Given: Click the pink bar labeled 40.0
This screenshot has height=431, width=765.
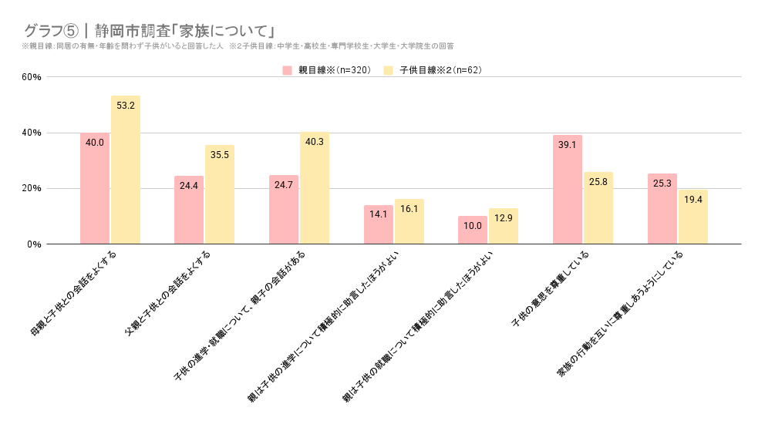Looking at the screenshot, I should [x=95, y=189].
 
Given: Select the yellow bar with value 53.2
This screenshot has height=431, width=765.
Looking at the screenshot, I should [x=126, y=170].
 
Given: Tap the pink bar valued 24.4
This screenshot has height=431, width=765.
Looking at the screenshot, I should [x=189, y=210].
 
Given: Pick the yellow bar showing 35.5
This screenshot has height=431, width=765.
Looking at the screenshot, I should [x=220, y=195].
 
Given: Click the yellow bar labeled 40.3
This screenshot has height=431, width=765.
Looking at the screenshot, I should [x=315, y=188].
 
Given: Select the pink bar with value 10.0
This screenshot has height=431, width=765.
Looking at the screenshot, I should [x=473, y=231].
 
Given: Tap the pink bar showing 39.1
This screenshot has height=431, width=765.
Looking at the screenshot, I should [x=568, y=190].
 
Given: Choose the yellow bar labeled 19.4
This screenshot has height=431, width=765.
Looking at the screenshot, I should [x=693, y=217].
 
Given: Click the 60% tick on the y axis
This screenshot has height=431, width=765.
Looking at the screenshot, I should [x=32, y=77].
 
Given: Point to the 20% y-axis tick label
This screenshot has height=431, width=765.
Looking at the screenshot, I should [x=32, y=189].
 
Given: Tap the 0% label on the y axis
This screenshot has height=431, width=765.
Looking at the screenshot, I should [x=34, y=244].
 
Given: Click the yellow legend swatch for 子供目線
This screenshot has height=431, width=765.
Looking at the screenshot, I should [x=388, y=70].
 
